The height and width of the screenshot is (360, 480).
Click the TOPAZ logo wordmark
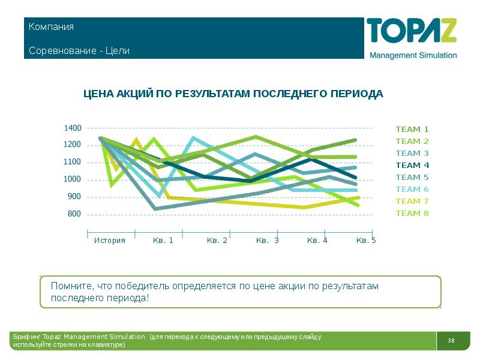pyautogui.click(x=412, y=31)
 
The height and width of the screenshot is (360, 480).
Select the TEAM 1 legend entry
pyautogui.click(x=412, y=129)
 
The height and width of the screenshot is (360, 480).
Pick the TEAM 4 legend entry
pyautogui.click(x=412, y=165)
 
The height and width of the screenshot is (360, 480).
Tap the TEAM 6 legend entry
pyautogui.click(x=412, y=189)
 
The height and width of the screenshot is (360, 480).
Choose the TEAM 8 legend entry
pyautogui.click(x=412, y=213)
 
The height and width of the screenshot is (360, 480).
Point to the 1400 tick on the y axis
pyautogui.click(x=73, y=128)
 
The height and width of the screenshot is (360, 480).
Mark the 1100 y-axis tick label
pyautogui.click(x=73, y=162)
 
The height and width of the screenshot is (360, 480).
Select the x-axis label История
pyautogui.click(x=110, y=241)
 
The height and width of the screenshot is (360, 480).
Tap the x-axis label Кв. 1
pyautogui.click(x=163, y=241)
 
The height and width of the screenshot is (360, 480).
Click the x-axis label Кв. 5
pyautogui.click(x=366, y=241)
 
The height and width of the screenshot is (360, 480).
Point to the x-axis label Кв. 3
pyautogui.click(x=267, y=241)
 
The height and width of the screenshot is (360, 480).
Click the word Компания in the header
pyautogui.click(x=51, y=27)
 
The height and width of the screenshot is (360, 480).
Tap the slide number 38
pyautogui.click(x=451, y=341)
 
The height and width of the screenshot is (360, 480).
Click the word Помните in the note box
pyautogui.click(x=70, y=286)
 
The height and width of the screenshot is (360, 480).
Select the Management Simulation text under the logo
pyautogui.click(x=413, y=55)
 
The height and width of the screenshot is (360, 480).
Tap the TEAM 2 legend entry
pyautogui.click(x=412, y=141)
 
